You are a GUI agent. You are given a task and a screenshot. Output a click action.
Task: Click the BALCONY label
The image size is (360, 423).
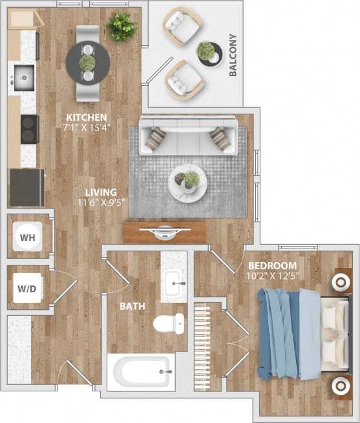[233, 56]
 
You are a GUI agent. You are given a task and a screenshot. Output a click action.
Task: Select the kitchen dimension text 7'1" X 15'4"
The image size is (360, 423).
[84, 127]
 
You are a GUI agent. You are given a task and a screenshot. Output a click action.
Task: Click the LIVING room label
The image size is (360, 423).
[102, 192]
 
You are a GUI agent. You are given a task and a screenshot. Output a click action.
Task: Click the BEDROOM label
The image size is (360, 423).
[273, 265]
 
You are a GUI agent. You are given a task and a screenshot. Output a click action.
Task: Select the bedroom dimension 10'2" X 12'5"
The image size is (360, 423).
[273, 276]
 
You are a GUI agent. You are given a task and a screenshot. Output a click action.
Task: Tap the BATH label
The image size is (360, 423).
[132, 306]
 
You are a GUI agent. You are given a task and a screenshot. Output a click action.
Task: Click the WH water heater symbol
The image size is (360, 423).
[27, 238]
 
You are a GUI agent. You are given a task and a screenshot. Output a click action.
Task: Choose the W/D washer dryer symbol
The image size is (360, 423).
[27, 289]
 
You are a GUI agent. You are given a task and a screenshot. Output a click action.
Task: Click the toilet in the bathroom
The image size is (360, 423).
[169, 323]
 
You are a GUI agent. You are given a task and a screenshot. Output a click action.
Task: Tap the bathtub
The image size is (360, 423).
[141, 372]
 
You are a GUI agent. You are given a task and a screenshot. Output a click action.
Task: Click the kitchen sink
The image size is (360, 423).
[23, 77]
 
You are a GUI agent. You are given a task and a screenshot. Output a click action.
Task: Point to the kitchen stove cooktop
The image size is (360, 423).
[29, 128]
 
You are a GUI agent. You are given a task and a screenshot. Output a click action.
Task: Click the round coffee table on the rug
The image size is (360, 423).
[188, 182]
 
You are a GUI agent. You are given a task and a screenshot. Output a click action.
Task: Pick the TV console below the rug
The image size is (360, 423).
[166, 231]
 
